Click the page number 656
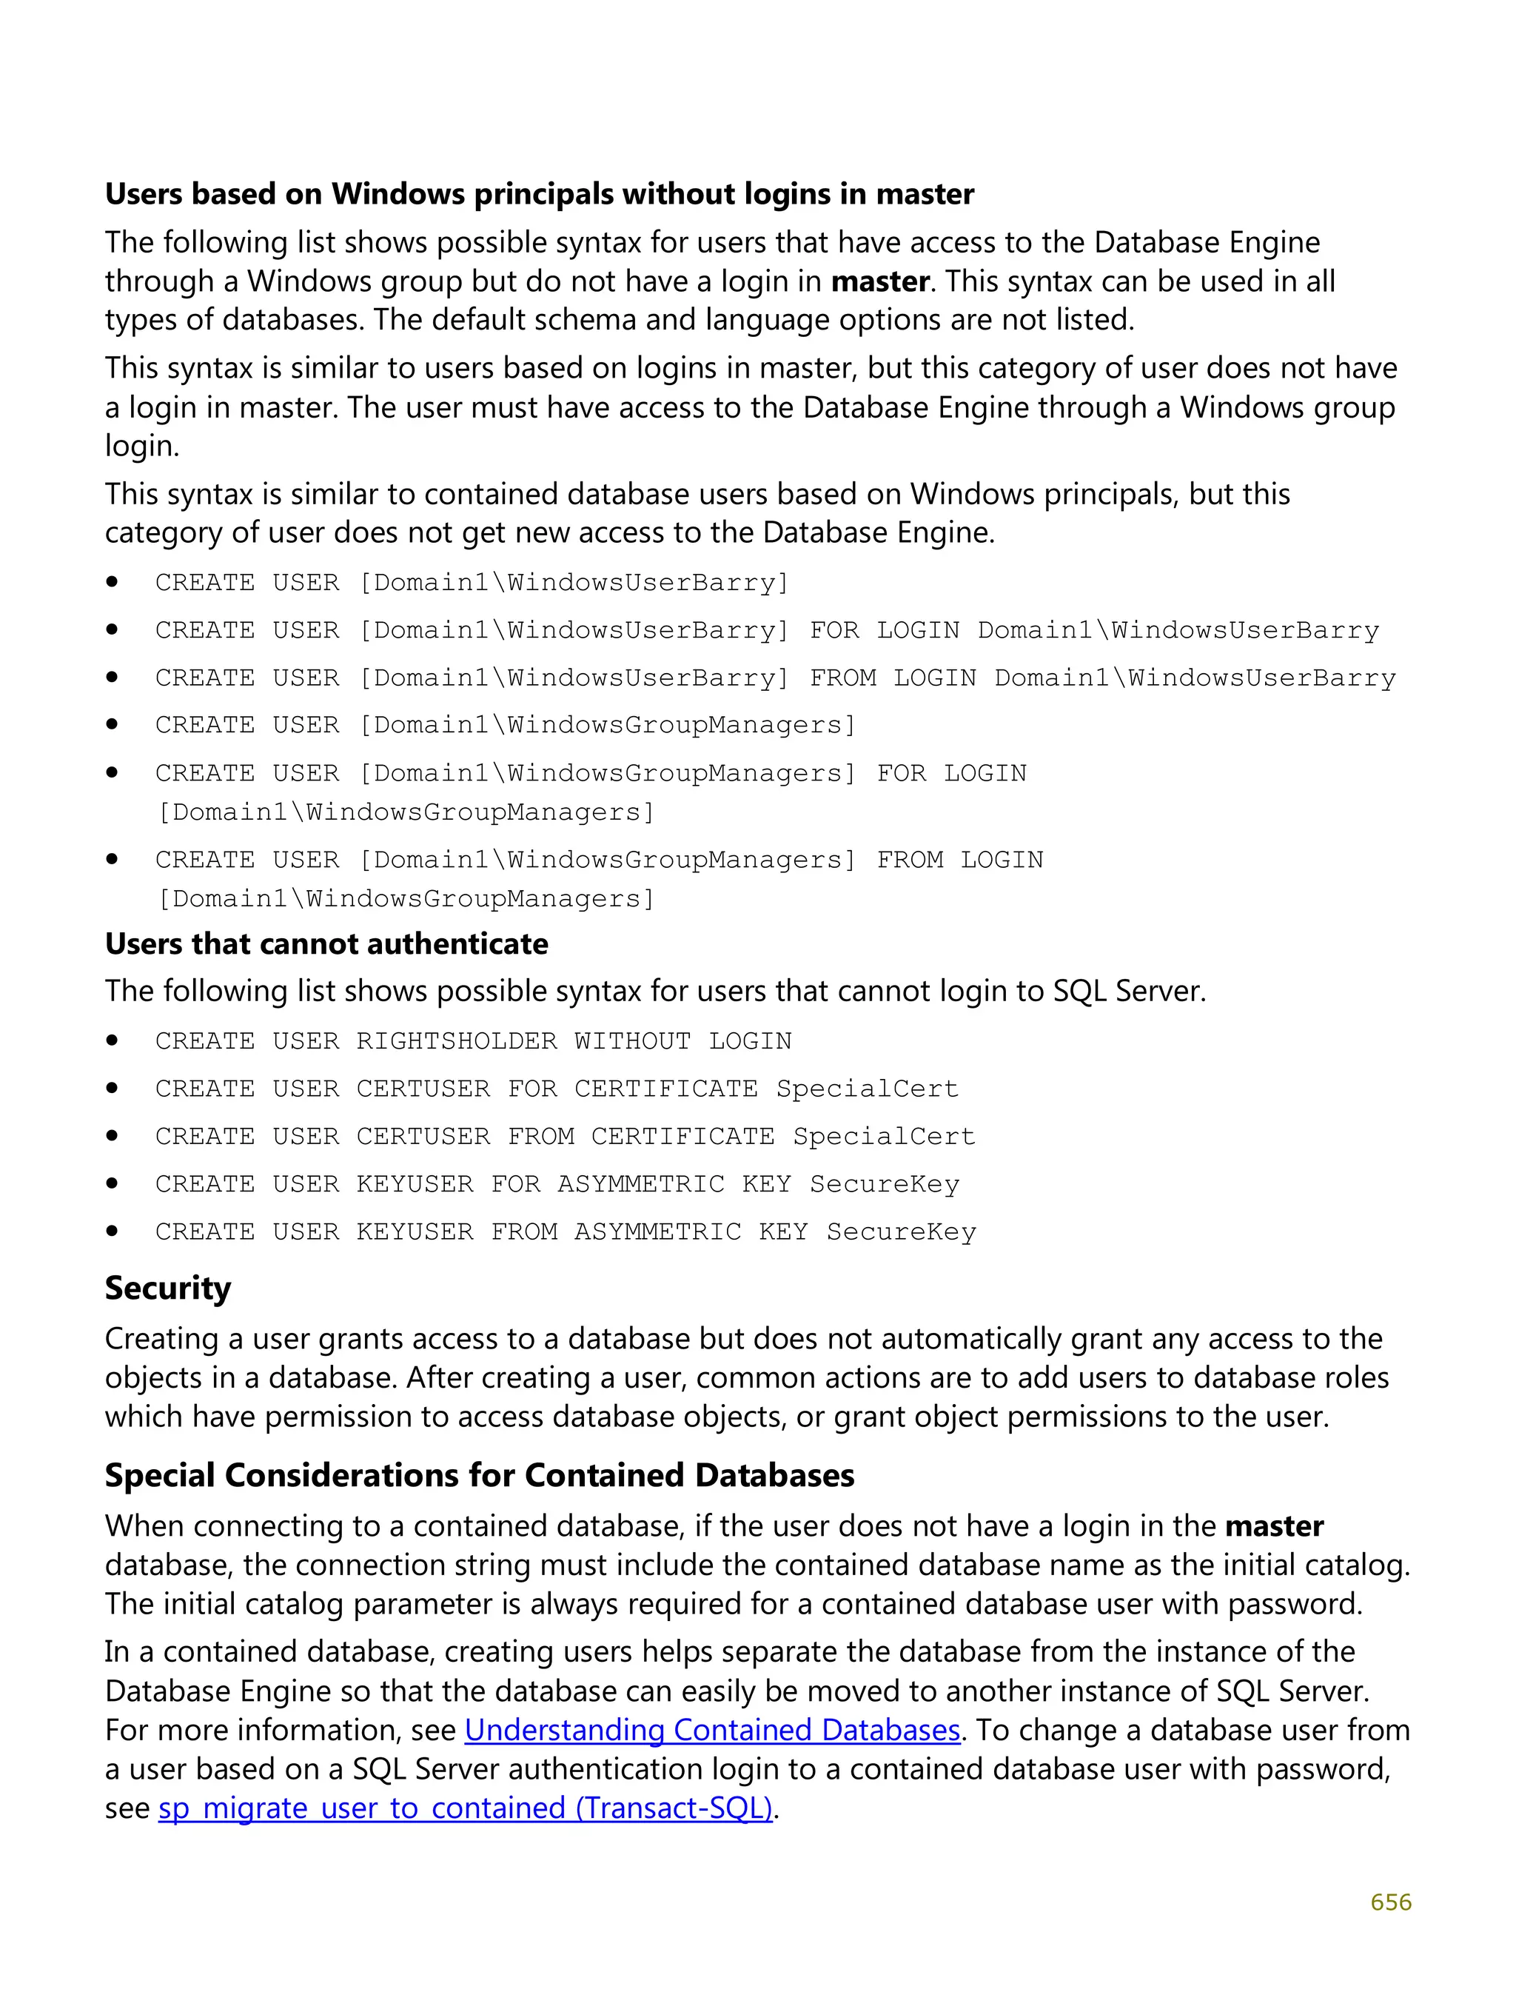pos(1390,1902)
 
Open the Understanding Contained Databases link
pos(712,1730)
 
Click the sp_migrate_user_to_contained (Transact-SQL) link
pos(465,1808)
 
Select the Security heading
pos(168,1289)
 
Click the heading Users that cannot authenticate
pos(326,944)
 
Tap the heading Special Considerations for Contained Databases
pos(479,1475)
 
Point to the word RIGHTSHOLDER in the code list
pos(457,1041)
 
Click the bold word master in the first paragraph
pos(879,282)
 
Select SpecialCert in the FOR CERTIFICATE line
pos(867,1089)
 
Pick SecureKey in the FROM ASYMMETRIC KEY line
pos(900,1231)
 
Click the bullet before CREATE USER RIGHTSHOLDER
pos(112,1040)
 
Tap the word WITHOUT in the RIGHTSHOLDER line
pos(632,1041)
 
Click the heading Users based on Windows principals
pos(540,195)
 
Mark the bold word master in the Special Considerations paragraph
pos(1273,1526)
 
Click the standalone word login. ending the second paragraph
pos(142,446)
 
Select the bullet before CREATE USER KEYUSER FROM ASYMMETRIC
pos(112,1231)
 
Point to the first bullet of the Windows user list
pos(112,582)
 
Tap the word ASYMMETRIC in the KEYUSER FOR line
pos(640,1184)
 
